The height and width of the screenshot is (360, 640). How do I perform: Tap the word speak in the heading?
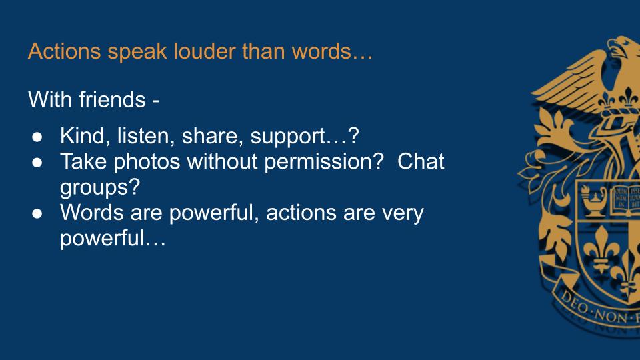pos(137,52)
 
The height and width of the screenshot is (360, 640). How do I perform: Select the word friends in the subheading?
pos(112,99)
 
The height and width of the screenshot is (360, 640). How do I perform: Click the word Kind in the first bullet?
pos(85,135)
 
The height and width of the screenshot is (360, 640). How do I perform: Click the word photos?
pos(147,162)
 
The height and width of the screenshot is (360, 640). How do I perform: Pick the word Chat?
pos(421,161)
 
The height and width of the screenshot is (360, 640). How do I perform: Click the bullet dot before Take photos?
pos(37,163)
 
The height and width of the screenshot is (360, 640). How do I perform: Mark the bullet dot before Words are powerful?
pos(37,214)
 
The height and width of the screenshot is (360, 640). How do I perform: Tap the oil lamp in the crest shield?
pos(594,200)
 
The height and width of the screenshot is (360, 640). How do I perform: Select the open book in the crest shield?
pos(625,199)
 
